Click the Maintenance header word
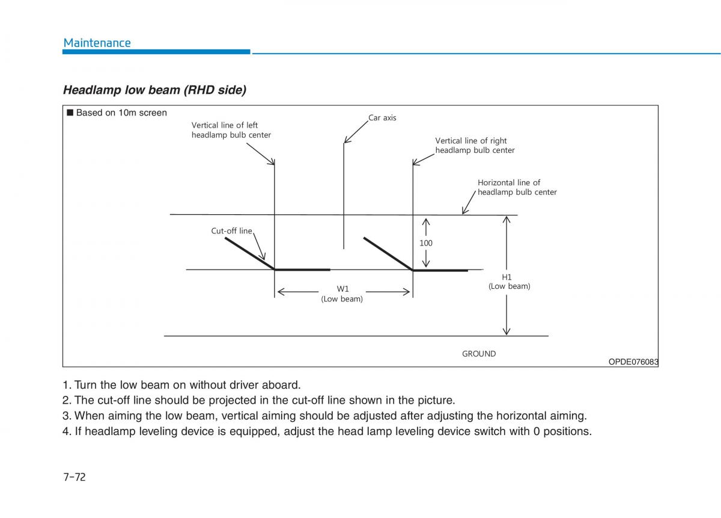(97, 43)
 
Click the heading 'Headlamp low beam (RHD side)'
(154, 90)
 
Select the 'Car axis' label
(382, 118)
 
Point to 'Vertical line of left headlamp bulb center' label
(231, 130)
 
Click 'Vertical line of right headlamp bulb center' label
(475, 146)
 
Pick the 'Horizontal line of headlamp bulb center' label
(517, 187)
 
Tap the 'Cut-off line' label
(231, 231)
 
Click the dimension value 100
(426, 243)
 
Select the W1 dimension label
(342, 289)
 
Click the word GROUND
(479, 354)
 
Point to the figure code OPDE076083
(633, 362)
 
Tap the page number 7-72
(74, 477)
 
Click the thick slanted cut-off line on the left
(249, 253)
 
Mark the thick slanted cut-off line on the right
(388, 253)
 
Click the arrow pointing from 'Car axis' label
(355, 132)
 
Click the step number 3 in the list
(65, 416)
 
